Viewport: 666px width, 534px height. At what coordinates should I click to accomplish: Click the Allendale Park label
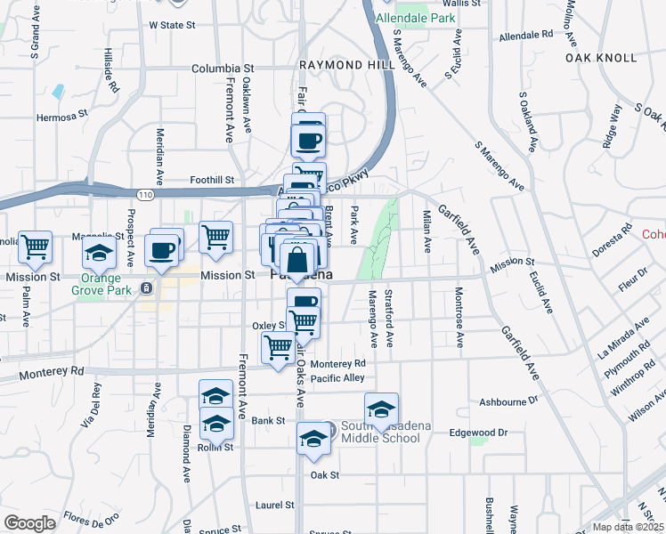pos(416,18)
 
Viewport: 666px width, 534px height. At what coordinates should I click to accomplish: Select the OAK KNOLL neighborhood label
pos(601,58)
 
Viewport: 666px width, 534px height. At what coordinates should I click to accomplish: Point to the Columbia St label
pos(223,68)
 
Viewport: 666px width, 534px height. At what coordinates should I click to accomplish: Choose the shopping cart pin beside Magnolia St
pos(36,246)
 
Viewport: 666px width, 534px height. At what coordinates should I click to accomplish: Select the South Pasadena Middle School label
pos(386,432)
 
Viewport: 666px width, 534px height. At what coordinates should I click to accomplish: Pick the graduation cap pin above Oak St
pos(313,439)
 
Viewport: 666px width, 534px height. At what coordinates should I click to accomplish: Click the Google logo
pos(29,522)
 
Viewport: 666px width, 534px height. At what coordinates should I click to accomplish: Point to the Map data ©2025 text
pos(629,527)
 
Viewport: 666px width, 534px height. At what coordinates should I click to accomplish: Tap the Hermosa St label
pos(62,116)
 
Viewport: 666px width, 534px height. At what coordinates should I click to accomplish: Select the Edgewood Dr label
pos(478,433)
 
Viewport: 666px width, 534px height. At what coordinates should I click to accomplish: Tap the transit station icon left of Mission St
pos(146,288)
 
